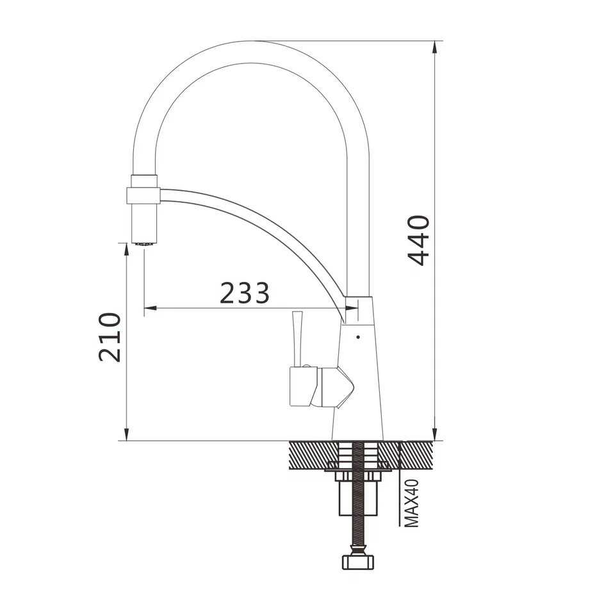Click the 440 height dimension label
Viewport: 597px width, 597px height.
(418, 240)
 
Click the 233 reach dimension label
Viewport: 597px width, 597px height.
(245, 293)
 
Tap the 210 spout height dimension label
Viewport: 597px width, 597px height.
(110, 338)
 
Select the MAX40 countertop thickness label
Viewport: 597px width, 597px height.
(411, 503)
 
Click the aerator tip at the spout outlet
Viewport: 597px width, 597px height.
(144, 243)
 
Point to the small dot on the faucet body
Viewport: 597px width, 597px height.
(358, 337)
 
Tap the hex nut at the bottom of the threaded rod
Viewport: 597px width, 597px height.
(358, 562)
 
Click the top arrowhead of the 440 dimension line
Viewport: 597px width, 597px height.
(435, 47)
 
